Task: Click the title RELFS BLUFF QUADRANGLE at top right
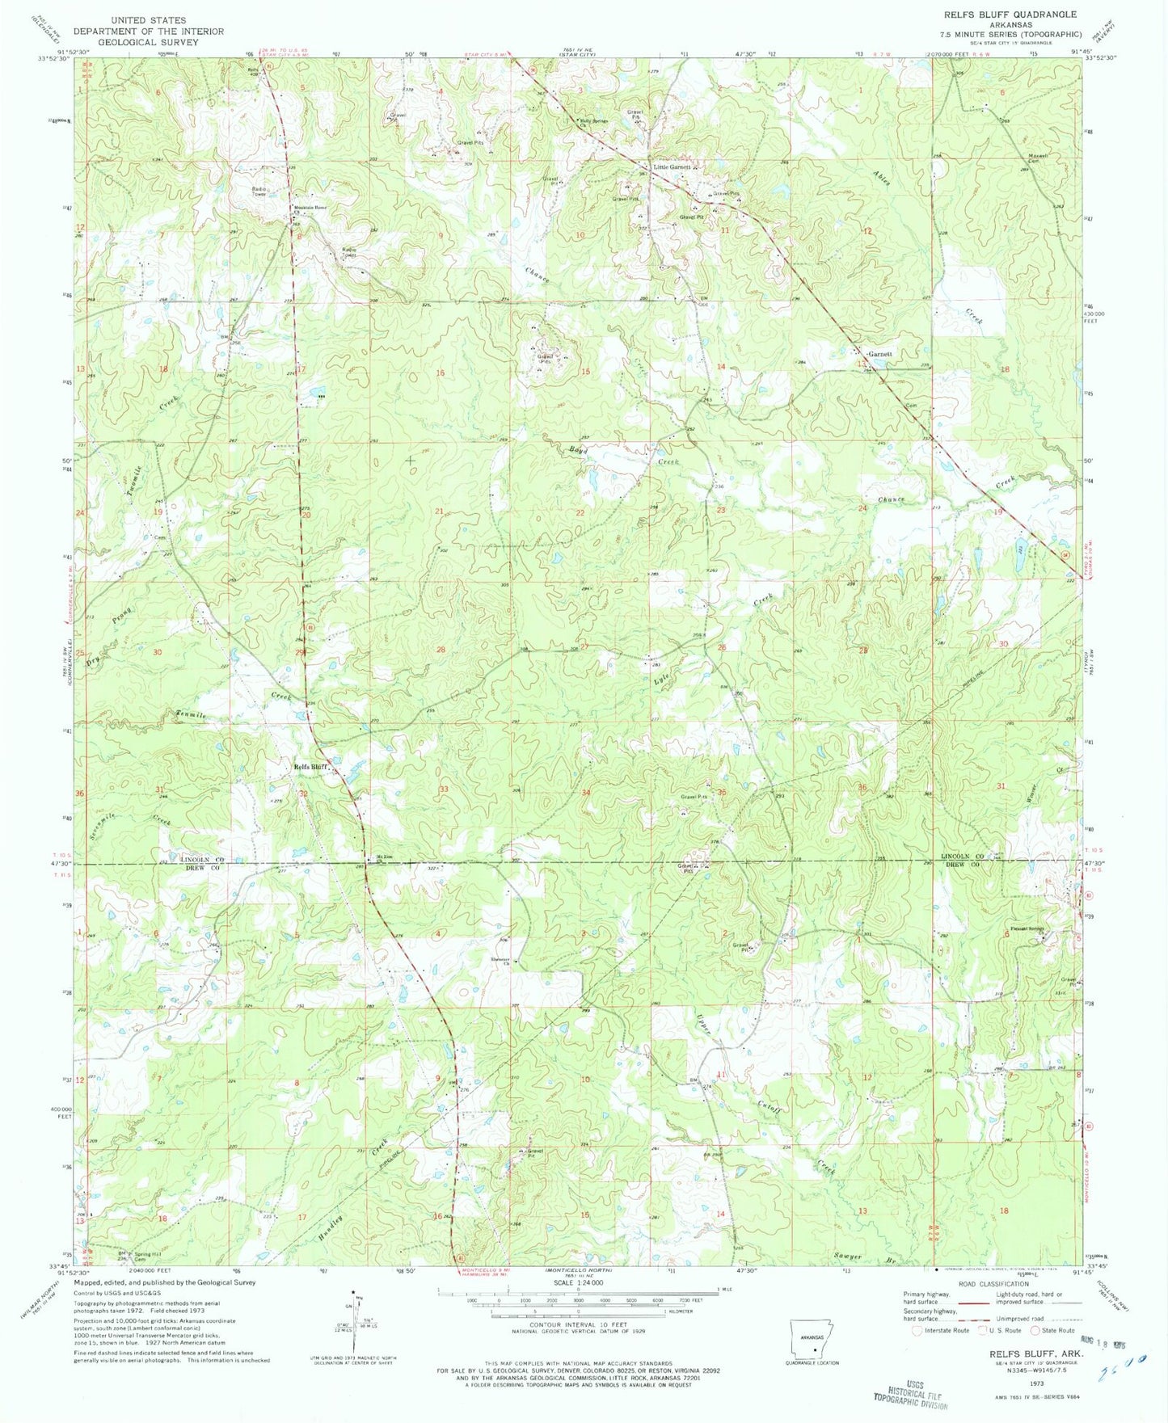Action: pyautogui.click(x=1005, y=15)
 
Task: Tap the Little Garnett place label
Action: pyautogui.click(x=672, y=166)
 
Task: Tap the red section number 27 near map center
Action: pyautogui.click(x=584, y=646)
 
